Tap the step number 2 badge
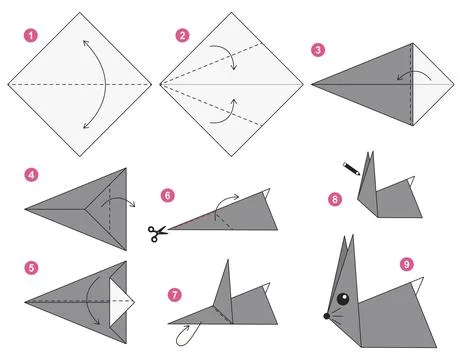pos(182,36)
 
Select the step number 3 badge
pos(318,49)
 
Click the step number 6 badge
pos(168,196)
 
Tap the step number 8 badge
pos(335,199)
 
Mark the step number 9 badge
pos(406,264)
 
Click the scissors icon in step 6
pos(158,233)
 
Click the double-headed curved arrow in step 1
pos(82,82)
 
